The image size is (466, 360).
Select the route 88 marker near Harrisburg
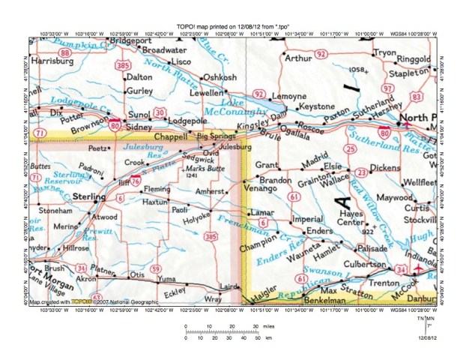click(x=69, y=52)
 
